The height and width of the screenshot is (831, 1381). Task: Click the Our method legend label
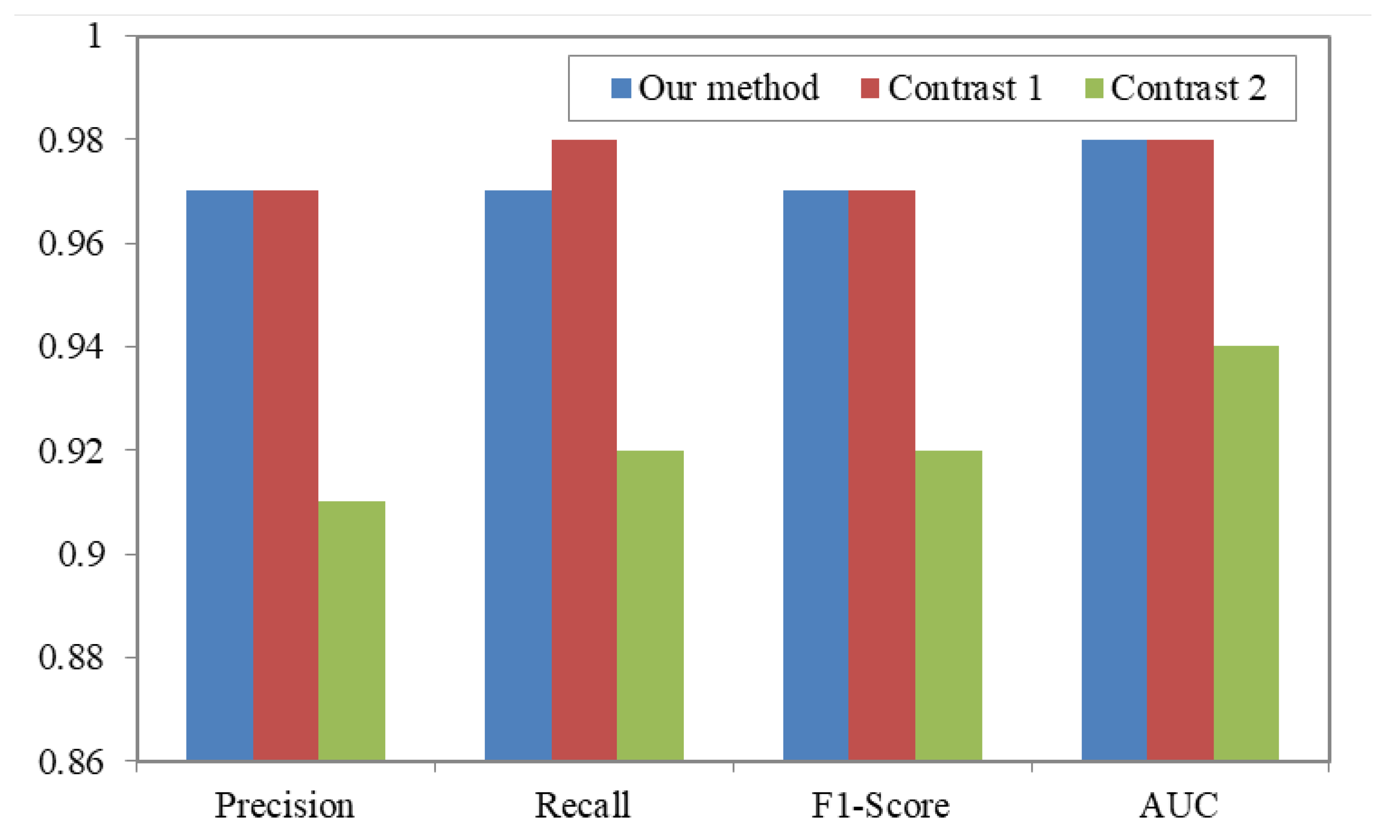728,88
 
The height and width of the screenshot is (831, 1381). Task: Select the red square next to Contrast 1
869,88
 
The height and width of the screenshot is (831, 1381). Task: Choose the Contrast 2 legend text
1187,88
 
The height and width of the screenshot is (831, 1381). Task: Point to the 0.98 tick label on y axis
71,140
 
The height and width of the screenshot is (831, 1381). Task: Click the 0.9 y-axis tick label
81,554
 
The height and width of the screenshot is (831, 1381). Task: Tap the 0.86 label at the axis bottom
71,762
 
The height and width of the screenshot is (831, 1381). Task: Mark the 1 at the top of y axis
94,36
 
